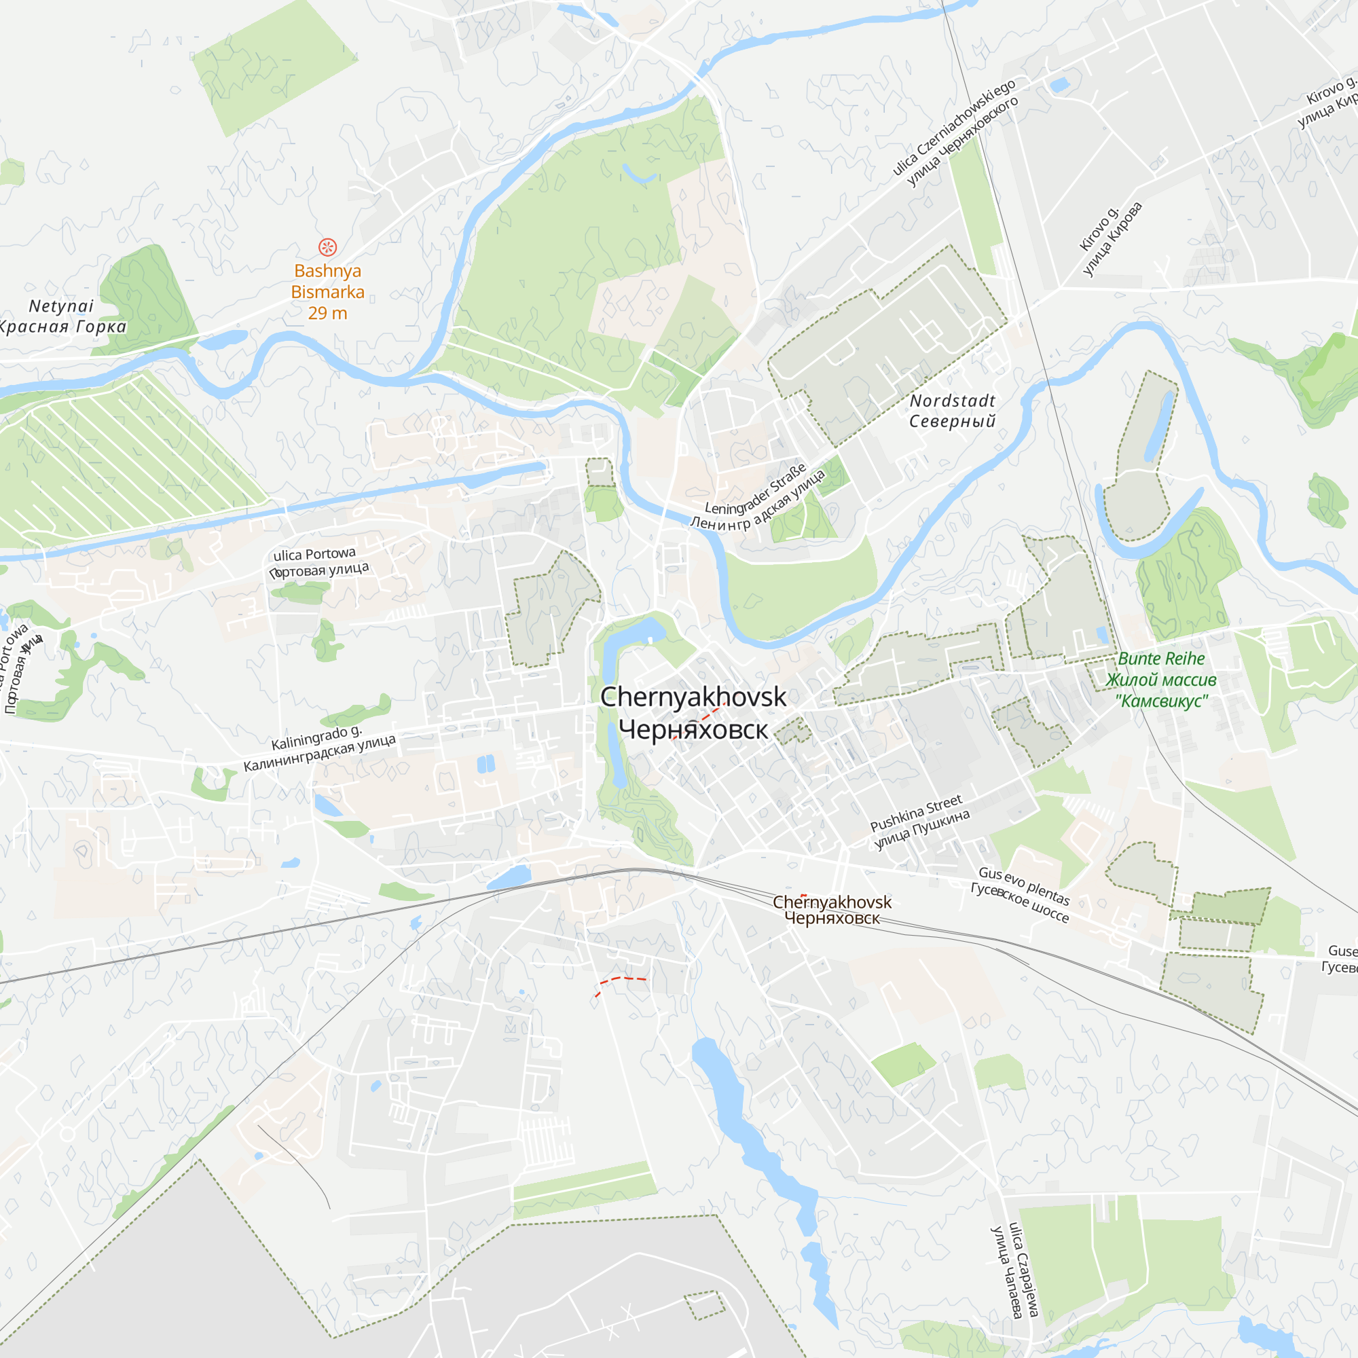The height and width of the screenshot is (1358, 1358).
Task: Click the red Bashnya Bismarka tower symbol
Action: pos(327,246)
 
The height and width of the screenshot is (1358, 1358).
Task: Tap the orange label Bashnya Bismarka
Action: pos(327,281)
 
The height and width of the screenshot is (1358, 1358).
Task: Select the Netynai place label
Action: pos(61,306)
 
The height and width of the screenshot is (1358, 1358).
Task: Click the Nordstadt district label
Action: pos(953,401)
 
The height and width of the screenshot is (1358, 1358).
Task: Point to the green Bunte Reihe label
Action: pos(1160,659)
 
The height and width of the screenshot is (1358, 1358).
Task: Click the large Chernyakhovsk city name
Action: pos(693,697)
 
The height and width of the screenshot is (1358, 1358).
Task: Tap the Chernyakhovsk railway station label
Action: pos(832,902)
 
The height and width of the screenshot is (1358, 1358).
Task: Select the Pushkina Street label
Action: pos(916,813)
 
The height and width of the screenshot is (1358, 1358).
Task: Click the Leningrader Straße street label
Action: pos(756,489)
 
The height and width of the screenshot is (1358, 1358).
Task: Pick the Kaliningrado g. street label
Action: pos(316,738)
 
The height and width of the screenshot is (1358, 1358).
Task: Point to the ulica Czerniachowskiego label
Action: pos(954,126)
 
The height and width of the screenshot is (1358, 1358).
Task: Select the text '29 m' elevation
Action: pos(327,314)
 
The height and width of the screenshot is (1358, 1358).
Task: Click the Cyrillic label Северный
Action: pos(953,421)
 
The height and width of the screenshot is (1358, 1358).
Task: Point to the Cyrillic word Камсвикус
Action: pos(1161,701)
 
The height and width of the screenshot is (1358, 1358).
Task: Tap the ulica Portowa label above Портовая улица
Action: pos(314,554)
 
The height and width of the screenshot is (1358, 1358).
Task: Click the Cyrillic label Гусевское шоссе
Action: pos(1019,902)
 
